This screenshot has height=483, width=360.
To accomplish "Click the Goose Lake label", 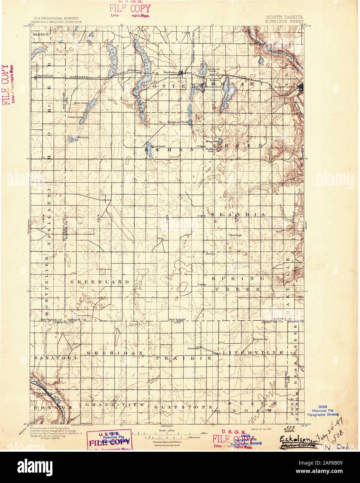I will pyautogui.click(x=74, y=117).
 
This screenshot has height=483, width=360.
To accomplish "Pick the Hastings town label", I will pyautogui.click(x=235, y=235).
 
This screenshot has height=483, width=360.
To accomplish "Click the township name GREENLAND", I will pyautogui.click(x=100, y=281).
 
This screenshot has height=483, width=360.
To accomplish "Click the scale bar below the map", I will pyautogui.click(x=162, y=433).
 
